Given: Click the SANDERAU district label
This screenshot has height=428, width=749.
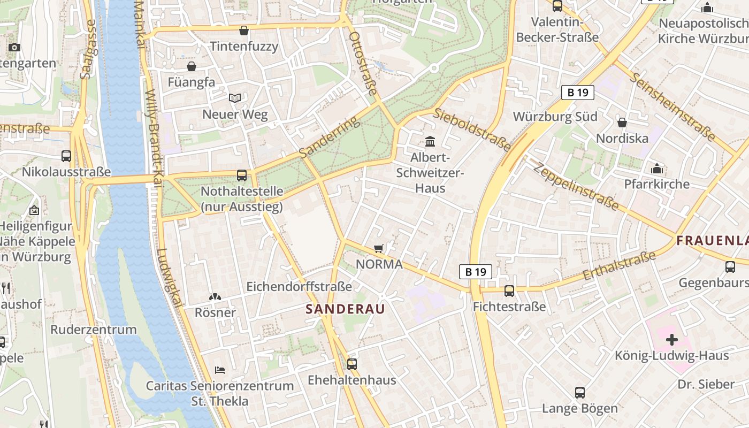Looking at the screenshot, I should pyautogui.click(x=345, y=309).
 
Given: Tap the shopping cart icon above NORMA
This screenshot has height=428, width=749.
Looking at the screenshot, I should pyautogui.click(x=379, y=248).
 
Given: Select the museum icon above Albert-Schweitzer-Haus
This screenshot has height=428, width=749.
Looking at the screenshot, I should pyautogui.click(x=430, y=142).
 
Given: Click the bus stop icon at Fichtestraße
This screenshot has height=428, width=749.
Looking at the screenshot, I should pyautogui.click(x=509, y=291).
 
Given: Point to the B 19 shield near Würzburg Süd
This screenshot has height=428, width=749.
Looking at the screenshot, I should pyautogui.click(x=578, y=93).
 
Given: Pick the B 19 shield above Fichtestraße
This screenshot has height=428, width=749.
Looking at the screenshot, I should pyautogui.click(x=475, y=272).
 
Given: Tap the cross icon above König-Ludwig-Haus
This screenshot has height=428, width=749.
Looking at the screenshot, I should pyautogui.click(x=671, y=339).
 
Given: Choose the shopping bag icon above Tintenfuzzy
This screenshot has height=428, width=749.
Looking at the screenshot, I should pyautogui.click(x=244, y=30).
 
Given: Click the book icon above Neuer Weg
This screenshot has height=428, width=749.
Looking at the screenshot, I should pyautogui.click(x=234, y=98).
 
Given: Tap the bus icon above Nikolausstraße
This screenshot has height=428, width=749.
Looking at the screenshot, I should pyautogui.click(x=66, y=156).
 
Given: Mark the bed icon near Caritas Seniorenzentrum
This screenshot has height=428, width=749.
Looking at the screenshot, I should pyautogui.click(x=219, y=370).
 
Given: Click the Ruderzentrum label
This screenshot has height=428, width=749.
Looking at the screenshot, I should pyautogui.click(x=94, y=329).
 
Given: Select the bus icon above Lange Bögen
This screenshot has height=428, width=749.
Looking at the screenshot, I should pyautogui.click(x=579, y=393).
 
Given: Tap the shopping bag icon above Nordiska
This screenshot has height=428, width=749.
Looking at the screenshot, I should pyautogui.click(x=622, y=123).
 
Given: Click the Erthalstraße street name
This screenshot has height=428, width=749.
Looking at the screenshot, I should pyautogui.click(x=619, y=266).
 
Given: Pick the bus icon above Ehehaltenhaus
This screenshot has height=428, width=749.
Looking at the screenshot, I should pyautogui.click(x=351, y=364).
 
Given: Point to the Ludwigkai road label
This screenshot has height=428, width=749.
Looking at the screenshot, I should pyautogui.click(x=170, y=278).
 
